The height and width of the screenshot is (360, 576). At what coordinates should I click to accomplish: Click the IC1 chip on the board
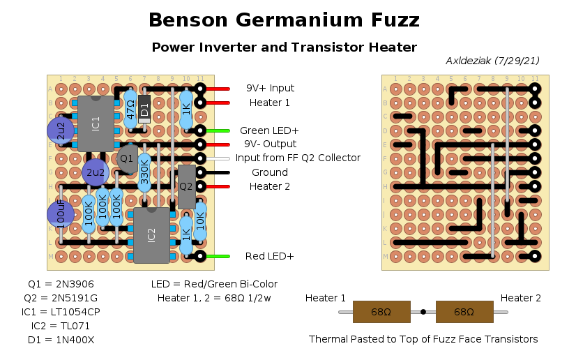coord(96,123)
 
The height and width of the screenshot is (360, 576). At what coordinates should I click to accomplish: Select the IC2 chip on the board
coord(151,235)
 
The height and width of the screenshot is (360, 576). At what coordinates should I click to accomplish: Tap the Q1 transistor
coord(126,159)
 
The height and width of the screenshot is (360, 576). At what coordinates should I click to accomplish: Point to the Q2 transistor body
coord(186,186)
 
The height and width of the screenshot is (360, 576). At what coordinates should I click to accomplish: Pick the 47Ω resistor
coord(130,109)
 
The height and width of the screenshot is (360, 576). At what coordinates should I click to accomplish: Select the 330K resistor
coord(144,173)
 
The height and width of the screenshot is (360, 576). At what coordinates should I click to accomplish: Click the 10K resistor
coord(200,219)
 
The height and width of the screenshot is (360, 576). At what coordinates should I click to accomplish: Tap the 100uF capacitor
coord(61,214)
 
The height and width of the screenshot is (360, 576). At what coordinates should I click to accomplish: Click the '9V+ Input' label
coord(270,89)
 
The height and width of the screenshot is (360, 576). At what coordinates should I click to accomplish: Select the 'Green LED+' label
coord(269,130)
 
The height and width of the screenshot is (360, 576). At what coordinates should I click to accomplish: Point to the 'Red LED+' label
coord(269,256)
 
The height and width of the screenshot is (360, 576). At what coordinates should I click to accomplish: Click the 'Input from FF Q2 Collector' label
coord(298,158)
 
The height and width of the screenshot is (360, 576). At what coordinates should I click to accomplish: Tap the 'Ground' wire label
coord(269,172)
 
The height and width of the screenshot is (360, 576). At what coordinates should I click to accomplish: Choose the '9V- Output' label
coord(271,144)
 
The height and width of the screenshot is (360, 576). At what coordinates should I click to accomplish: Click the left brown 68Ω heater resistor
coord(381,312)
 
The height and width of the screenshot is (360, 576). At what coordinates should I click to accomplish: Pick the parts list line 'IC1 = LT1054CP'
coord(59,312)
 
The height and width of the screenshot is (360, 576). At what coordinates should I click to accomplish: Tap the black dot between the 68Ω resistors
coord(423,312)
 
